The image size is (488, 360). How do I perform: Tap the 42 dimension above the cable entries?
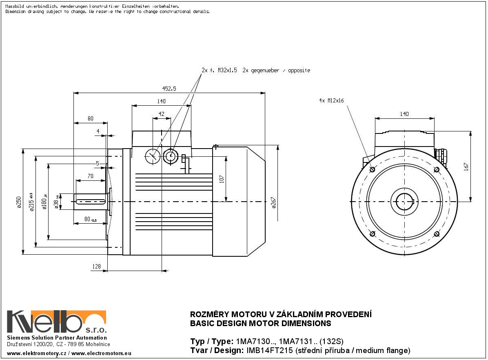point(162,114)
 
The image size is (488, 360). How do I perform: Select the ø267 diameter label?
point(274,202)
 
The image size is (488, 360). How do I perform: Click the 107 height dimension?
point(222,179)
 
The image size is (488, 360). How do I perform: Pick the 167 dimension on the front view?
point(466,167)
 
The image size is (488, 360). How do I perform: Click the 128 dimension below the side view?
point(96,267)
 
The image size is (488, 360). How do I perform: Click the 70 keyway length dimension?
point(91,176)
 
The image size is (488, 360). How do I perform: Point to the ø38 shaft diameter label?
point(56,202)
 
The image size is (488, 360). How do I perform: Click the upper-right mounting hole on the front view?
point(437,169)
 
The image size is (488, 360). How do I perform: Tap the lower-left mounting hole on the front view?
point(372,233)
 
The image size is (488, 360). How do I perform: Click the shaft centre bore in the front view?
point(404,202)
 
